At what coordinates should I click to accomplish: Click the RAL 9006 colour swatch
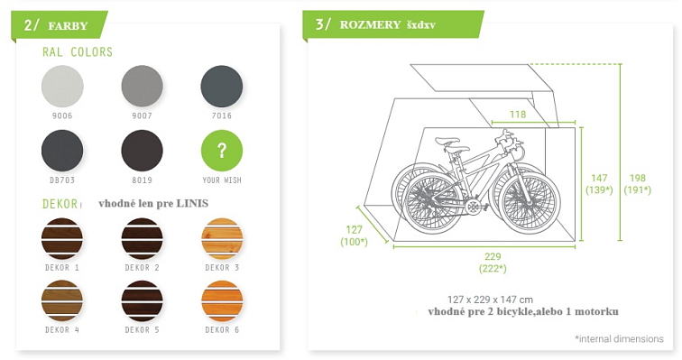(62, 86)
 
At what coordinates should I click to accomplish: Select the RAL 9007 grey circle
(142, 86)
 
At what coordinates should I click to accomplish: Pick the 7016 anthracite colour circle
(221, 86)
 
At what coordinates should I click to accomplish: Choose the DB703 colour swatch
(62, 150)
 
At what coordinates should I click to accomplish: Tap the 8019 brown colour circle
(142, 150)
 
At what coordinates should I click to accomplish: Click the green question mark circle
(221, 150)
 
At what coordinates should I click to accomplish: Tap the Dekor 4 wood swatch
(62, 300)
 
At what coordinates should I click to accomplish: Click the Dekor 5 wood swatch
(142, 300)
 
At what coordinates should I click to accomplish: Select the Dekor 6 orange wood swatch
(221, 300)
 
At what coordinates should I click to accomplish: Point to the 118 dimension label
(517, 115)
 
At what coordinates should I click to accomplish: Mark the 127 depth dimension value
(354, 229)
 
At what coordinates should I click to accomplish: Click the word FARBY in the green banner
(69, 25)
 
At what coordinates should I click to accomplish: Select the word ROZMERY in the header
(370, 24)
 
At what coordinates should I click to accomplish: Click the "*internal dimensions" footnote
(619, 338)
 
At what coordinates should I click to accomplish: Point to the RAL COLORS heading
(78, 52)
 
